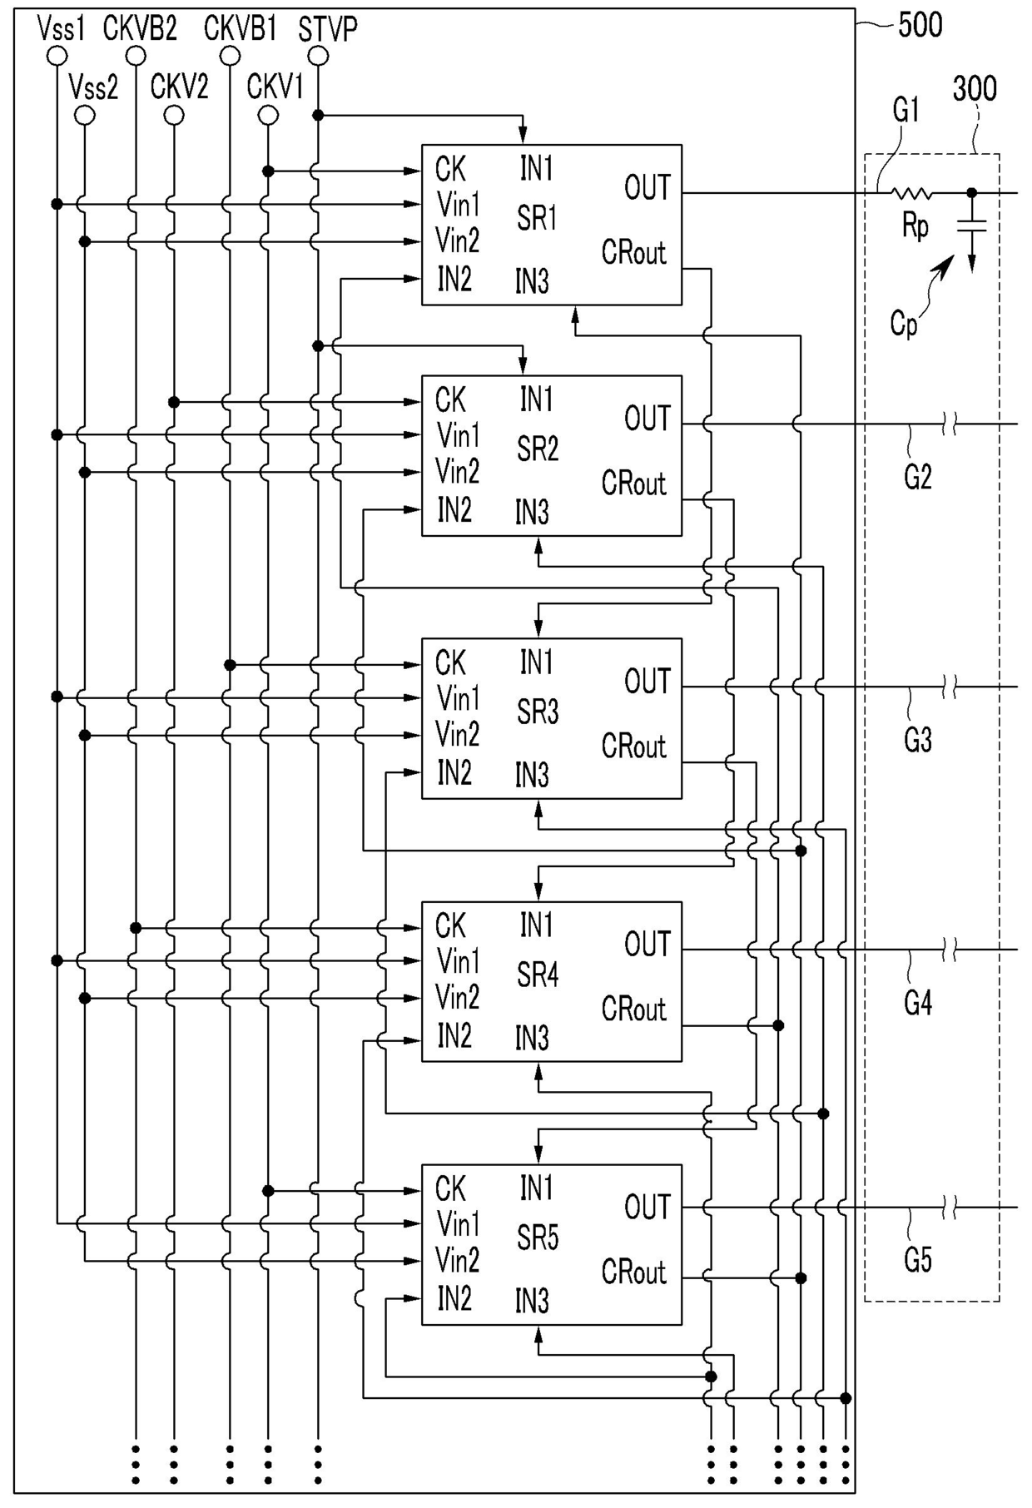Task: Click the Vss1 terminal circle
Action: point(57,56)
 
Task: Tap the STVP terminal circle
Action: point(318,56)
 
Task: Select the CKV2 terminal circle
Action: point(174,115)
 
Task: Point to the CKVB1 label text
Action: point(240,29)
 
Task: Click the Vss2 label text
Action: point(93,87)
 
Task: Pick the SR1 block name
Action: point(537,219)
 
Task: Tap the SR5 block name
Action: point(537,1238)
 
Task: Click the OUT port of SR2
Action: point(647,419)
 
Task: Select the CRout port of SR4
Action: point(634,1009)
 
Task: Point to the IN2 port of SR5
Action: point(454,1298)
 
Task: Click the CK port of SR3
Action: point(450,663)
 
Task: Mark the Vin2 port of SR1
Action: point(458,241)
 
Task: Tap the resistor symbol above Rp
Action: point(912,193)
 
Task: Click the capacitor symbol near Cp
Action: point(971,226)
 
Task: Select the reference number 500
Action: point(920,25)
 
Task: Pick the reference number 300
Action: point(975,88)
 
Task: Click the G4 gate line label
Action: point(917,1004)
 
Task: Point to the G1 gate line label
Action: point(906,109)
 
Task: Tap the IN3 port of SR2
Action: point(532,513)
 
